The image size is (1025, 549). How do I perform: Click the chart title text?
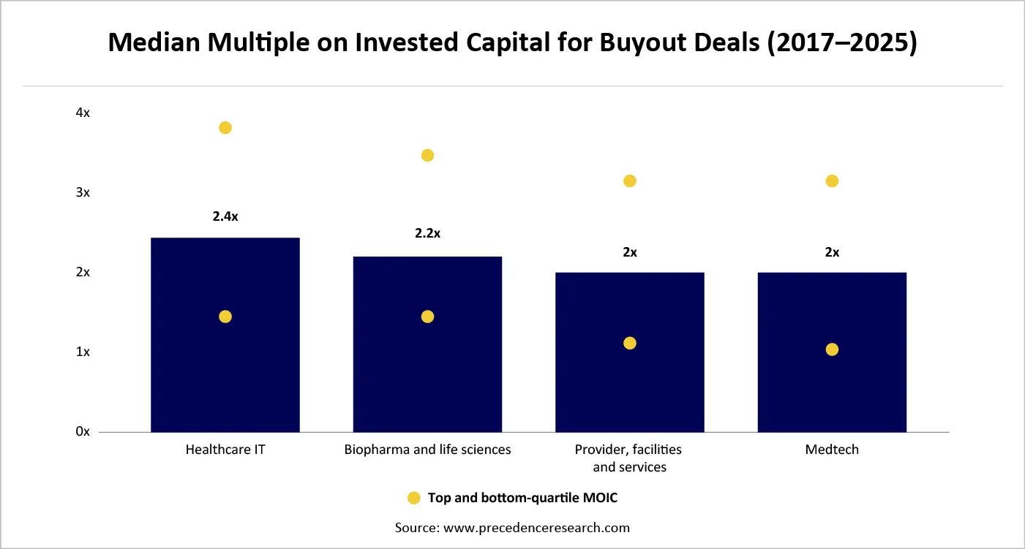pos(512,43)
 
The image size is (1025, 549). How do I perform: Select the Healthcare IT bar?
pos(225,366)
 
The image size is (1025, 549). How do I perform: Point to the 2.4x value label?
pos(225,216)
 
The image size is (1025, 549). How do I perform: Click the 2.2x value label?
pos(427,234)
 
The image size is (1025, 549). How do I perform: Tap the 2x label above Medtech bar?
pos(832,252)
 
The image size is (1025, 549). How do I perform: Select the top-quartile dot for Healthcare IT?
pos(225,128)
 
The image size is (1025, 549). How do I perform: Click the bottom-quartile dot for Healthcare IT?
pos(225,317)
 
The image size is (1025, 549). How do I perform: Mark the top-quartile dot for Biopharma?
pos(427,155)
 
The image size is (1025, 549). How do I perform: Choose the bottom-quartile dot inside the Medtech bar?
pos(832,349)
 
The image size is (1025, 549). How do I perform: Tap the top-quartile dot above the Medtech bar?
pos(832,181)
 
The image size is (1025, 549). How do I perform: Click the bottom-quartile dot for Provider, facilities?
pos(630,343)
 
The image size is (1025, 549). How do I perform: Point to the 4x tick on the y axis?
pos(83,113)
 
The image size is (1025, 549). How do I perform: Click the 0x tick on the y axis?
pos(83,431)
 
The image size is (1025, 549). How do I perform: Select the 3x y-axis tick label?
pos(83,192)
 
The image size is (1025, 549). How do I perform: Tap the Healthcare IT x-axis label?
pos(225,450)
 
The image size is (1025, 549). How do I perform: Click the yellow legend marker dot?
pos(413,498)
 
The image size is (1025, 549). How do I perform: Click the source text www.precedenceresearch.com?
pos(512,527)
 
